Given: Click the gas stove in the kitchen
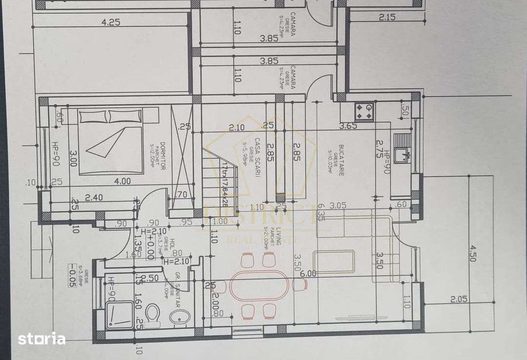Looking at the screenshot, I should click(x=363, y=112).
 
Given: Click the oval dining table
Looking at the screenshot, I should click(x=259, y=285).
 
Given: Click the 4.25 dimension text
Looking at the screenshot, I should click(x=111, y=22).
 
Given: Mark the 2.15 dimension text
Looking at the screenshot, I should click(x=386, y=18).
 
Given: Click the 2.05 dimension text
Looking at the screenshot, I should click(x=458, y=299).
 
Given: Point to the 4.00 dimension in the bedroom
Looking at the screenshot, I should click(x=122, y=181).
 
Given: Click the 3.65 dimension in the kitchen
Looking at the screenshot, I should click(x=348, y=126).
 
